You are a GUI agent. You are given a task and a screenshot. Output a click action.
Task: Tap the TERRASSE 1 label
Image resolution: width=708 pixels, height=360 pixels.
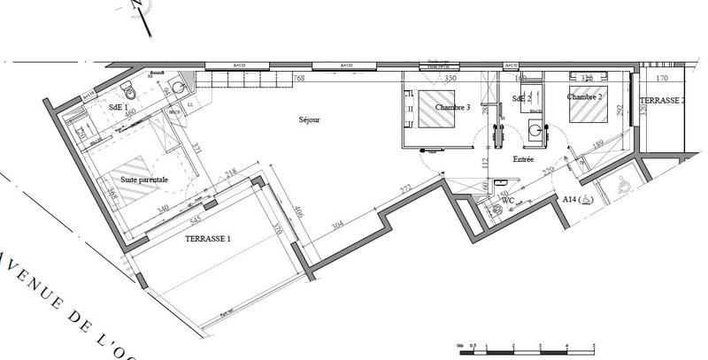pyautogui.click(x=209, y=239)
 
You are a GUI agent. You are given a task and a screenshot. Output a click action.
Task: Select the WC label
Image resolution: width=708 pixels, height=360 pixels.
pyautogui.click(x=508, y=201)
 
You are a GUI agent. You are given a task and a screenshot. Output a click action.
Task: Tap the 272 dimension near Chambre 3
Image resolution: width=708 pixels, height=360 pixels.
pyautogui.click(x=406, y=188)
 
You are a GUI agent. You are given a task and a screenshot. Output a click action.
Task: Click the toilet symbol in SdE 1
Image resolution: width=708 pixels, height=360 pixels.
pyautogui.click(x=130, y=90)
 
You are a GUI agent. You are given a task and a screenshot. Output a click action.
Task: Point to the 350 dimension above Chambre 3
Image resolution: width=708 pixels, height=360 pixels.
pyautogui.click(x=450, y=79)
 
